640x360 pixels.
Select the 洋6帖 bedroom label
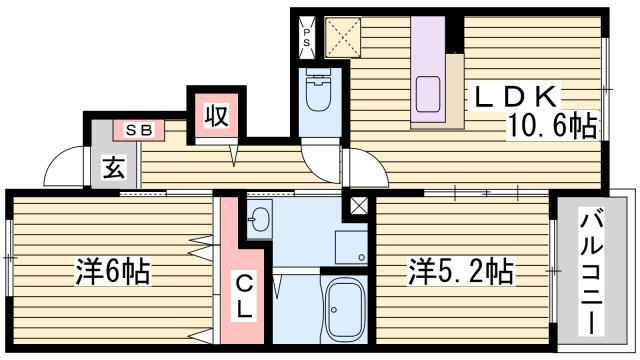tap(112, 271)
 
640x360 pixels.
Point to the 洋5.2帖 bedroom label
tap(460, 271)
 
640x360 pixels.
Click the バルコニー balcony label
tap(591, 272)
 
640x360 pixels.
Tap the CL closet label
tap(244, 295)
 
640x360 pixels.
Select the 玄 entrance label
tap(112, 168)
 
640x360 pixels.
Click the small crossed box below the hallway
tap(357, 206)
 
